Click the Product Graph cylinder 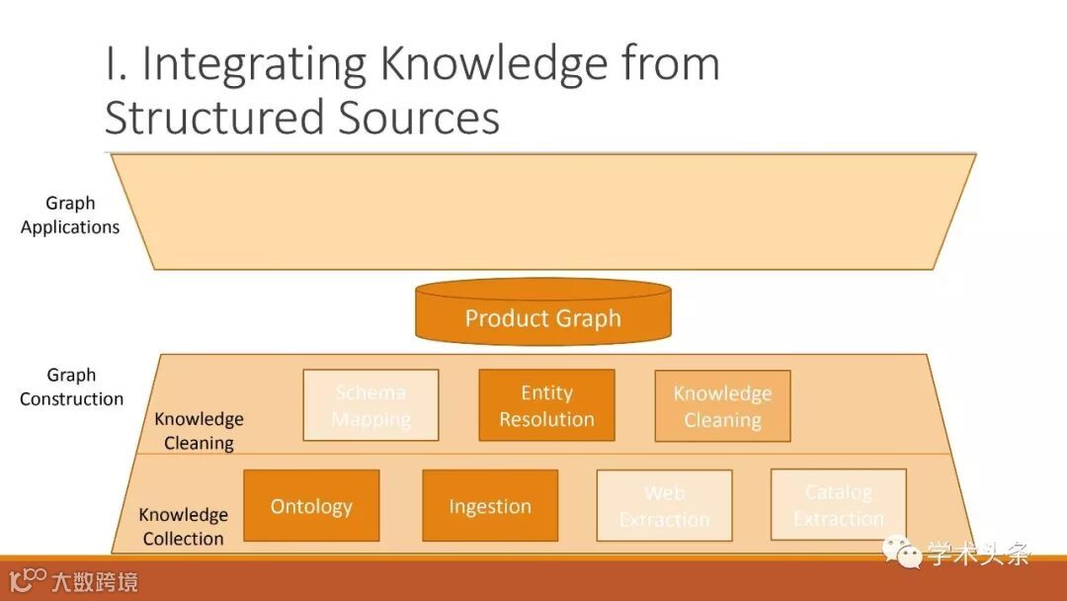[542, 314]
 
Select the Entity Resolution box [546, 405]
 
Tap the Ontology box [311, 505]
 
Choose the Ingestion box [490, 505]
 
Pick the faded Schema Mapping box [370, 405]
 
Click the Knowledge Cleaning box [722, 405]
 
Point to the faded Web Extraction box [664, 505]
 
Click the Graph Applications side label [70, 215]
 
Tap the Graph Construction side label [71, 386]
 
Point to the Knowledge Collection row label [183, 526]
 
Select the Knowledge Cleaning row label [199, 430]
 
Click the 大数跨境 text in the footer [95, 580]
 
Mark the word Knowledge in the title [494, 65]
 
